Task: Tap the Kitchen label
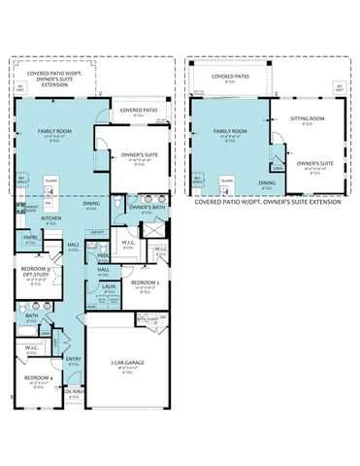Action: click(51, 218)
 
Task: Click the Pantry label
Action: click(31, 237)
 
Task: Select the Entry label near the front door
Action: click(74, 359)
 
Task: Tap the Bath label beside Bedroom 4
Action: click(32, 316)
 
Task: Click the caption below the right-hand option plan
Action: click(268, 202)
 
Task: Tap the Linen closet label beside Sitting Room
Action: click(278, 168)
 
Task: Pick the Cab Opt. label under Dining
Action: click(96, 232)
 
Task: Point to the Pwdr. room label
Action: click(102, 255)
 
